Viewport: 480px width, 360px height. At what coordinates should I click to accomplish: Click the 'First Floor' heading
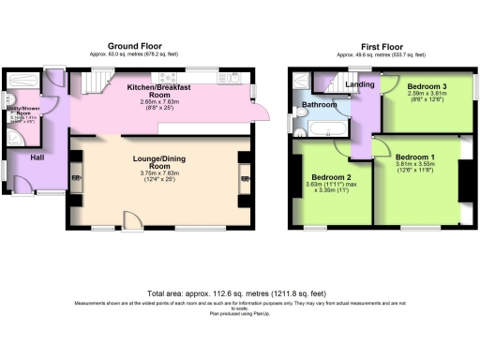pyautogui.click(x=382, y=45)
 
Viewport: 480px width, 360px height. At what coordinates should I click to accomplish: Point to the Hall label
pyautogui.click(x=37, y=157)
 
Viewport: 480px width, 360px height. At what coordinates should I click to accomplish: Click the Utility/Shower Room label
pyautogui.click(x=25, y=113)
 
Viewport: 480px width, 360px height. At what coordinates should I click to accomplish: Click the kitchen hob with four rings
pyautogui.click(x=170, y=75)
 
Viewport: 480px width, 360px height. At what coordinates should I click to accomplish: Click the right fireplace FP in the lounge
pyautogui.click(x=246, y=178)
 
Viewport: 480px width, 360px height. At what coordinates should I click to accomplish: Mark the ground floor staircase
pyautogui.click(x=91, y=85)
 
